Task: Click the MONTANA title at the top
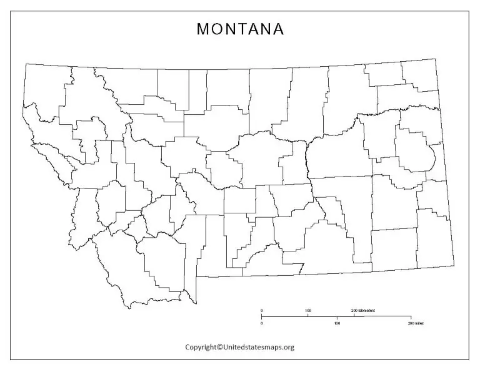pyautogui.click(x=241, y=29)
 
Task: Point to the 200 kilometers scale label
pyautogui.click(x=362, y=310)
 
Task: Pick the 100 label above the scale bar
pyautogui.click(x=308, y=310)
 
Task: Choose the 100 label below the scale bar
pyautogui.click(x=337, y=324)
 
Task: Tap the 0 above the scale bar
pyautogui.click(x=262, y=310)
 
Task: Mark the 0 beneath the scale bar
pyautogui.click(x=262, y=324)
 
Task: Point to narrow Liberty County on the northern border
pyautogui.click(x=197, y=90)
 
